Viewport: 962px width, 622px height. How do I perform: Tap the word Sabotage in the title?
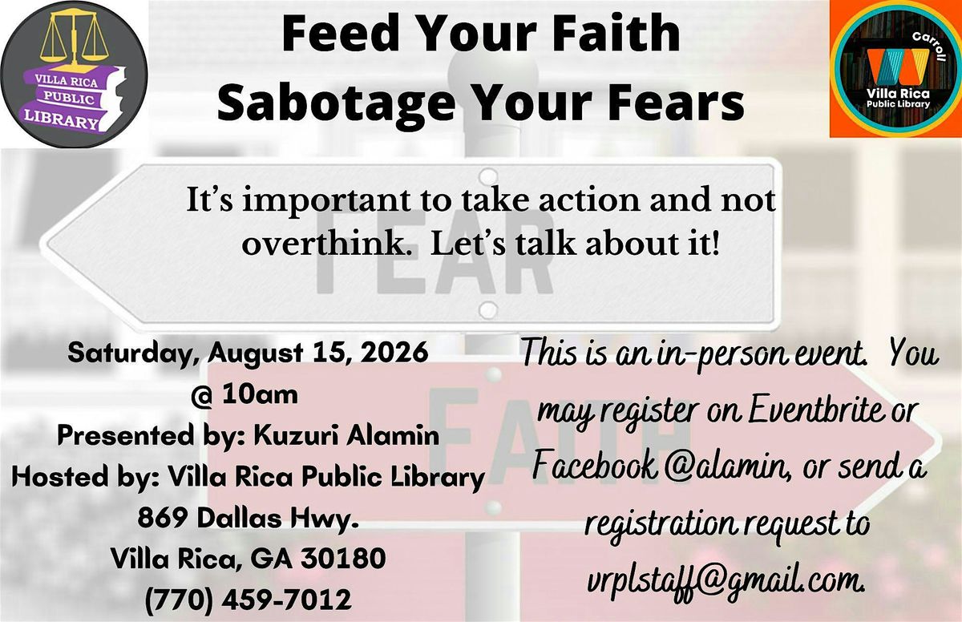(336, 104)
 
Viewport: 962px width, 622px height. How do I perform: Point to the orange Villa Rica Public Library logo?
(895, 69)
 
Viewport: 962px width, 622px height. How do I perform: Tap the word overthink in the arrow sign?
(324, 244)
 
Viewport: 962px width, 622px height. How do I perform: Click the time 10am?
(260, 395)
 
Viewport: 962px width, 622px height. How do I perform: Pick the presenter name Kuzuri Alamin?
(346, 436)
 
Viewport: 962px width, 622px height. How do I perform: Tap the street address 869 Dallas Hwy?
(248, 519)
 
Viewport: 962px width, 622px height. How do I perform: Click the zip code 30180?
(344, 559)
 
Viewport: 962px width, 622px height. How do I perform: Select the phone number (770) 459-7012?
(249, 600)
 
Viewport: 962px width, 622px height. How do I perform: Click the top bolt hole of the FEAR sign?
(488, 176)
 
